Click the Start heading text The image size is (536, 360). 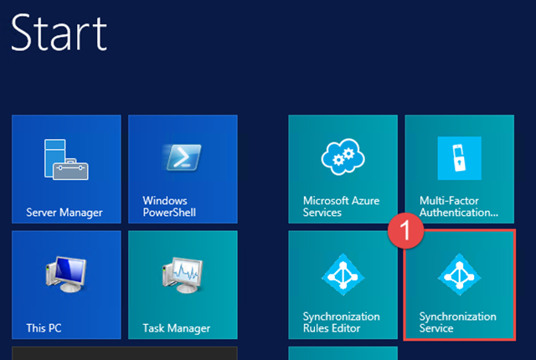[x=59, y=33]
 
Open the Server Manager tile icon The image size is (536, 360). [x=66, y=159]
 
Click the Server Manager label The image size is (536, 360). [x=64, y=213]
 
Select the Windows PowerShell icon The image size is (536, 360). [x=183, y=157]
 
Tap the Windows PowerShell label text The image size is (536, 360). [x=169, y=206]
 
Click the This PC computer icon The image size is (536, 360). [x=65, y=274]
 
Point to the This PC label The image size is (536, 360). [x=44, y=328]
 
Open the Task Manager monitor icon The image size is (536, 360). [x=183, y=275]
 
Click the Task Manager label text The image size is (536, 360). [x=177, y=328]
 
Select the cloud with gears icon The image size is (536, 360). [x=343, y=157]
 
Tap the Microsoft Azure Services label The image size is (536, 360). [x=341, y=206]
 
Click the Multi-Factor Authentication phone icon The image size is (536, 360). [x=460, y=158]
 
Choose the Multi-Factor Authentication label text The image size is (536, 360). [x=459, y=206]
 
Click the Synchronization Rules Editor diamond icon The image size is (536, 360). [x=343, y=275]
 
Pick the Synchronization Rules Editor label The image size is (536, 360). [x=341, y=322]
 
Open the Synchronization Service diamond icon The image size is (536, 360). [x=460, y=275]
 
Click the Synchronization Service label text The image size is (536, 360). [x=458, y=322]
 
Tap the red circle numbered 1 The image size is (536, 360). [x=405, y=230]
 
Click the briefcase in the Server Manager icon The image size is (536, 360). [x=70, y=169]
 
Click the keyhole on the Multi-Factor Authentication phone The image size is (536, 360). [x=460, y=161]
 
